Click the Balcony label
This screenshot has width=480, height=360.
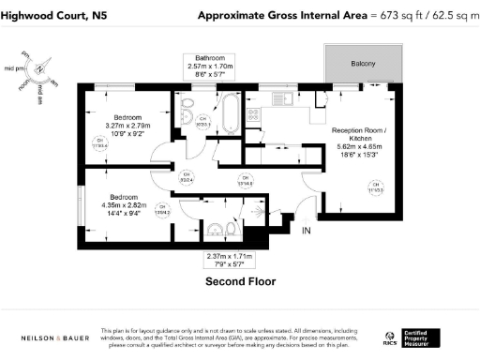point(363,64)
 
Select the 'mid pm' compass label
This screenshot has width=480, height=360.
point(14,68)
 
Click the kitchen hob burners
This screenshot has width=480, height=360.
point(253,114)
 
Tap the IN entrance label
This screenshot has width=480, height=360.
point(306,229)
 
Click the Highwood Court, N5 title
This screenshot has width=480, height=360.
point(51,15)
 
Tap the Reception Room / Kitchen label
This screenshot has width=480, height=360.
point(359,133)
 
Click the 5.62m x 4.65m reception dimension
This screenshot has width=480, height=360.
point(359,148)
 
